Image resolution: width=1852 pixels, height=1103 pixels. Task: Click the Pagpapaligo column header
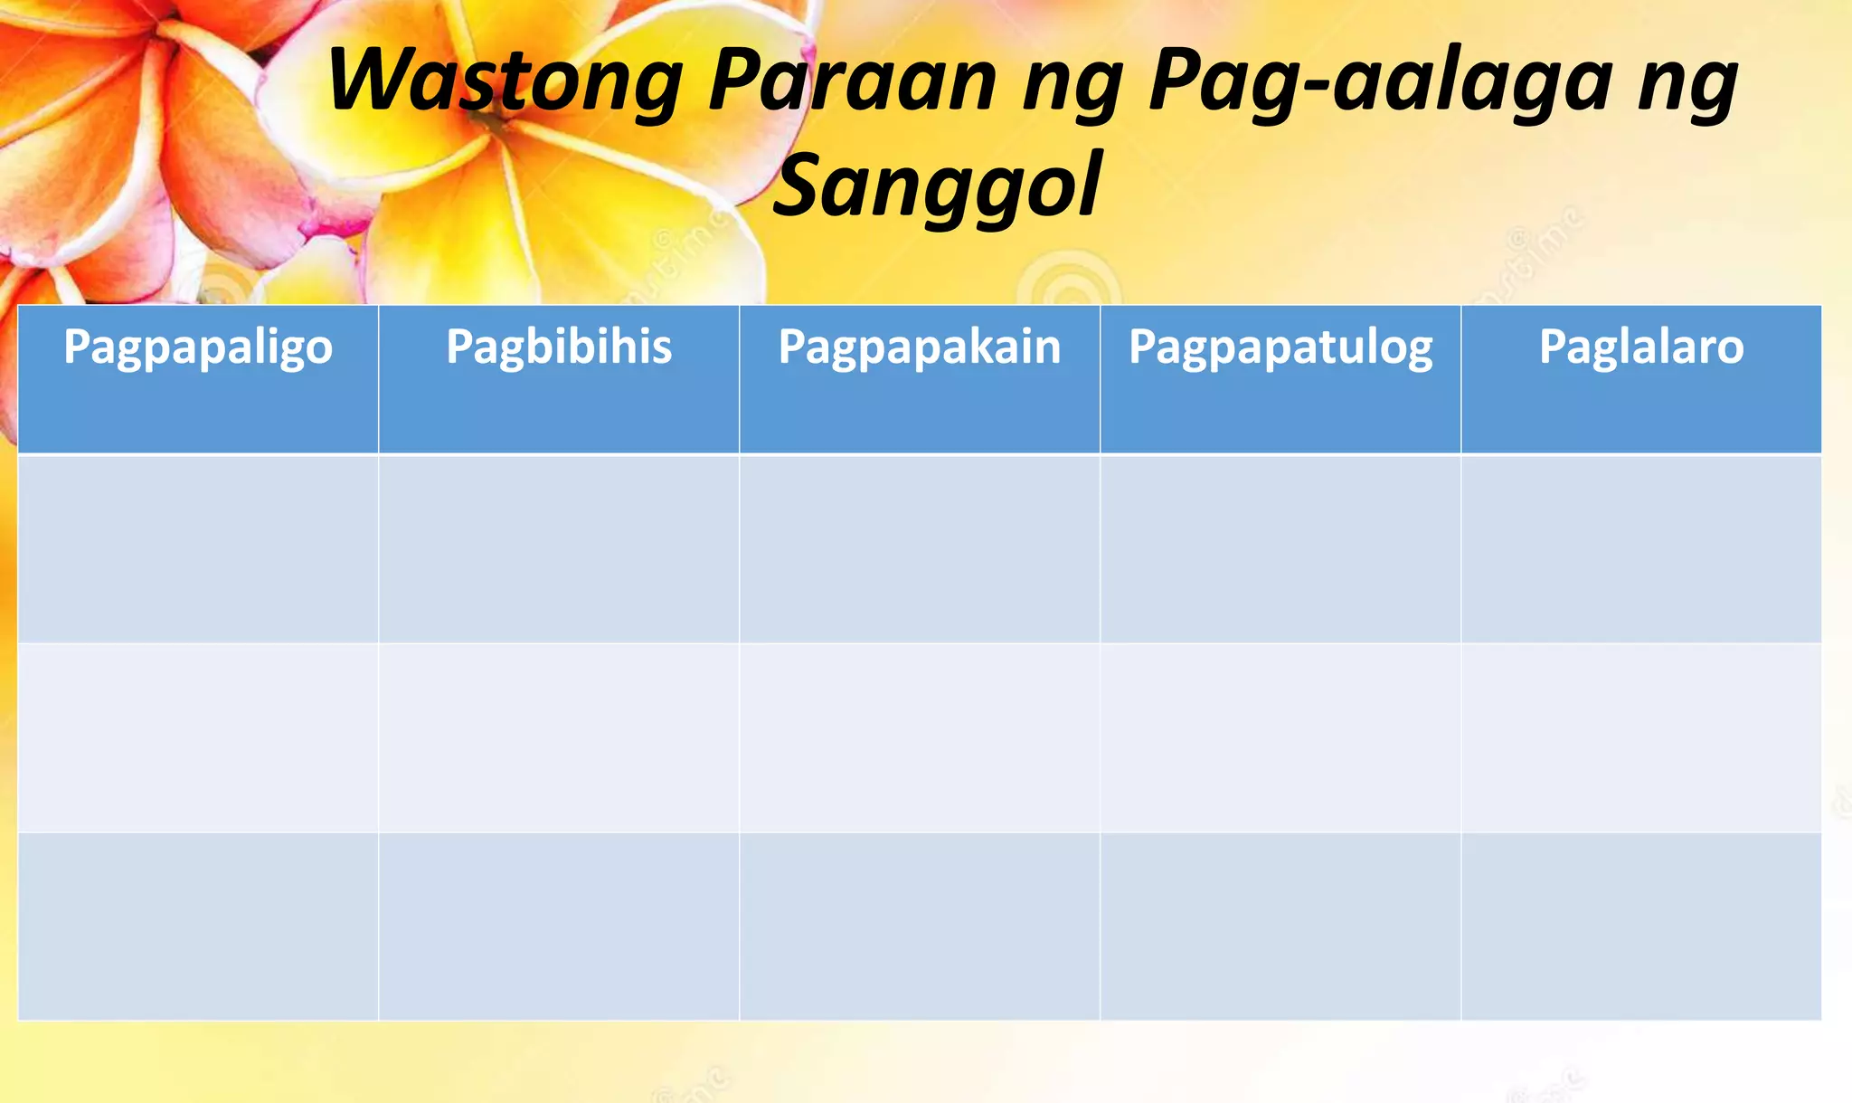click(198, 347)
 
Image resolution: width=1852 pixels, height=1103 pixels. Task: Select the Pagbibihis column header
click(559, 347)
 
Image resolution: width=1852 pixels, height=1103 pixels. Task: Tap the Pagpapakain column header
click(920, 347)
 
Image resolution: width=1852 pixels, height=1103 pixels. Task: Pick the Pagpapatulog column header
click(1280, 347)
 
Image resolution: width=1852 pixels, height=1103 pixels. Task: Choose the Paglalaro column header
click(1641, 347)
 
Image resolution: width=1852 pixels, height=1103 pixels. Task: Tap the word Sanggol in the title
click(937, 185)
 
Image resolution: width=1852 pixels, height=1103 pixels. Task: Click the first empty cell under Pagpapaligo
click(198, 548)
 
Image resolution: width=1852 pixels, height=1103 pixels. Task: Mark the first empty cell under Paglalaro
click(1641, 548)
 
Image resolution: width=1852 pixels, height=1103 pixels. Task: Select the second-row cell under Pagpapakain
click(920, 737)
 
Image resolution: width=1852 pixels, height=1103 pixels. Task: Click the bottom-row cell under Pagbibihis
click(559, 926)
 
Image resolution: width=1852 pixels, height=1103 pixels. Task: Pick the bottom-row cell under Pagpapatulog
click(1280, 926)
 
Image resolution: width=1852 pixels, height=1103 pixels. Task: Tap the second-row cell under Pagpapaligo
click(198, 737)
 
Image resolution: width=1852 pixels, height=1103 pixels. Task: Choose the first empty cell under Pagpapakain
click(920, 548)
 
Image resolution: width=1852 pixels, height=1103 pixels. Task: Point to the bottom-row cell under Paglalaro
click(1641, 926)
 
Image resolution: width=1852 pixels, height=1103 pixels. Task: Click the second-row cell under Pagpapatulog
click(1280, 737)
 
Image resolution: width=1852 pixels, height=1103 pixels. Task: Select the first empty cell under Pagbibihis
click(559, 548)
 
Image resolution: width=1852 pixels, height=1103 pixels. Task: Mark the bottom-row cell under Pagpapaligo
click(198, 926)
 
